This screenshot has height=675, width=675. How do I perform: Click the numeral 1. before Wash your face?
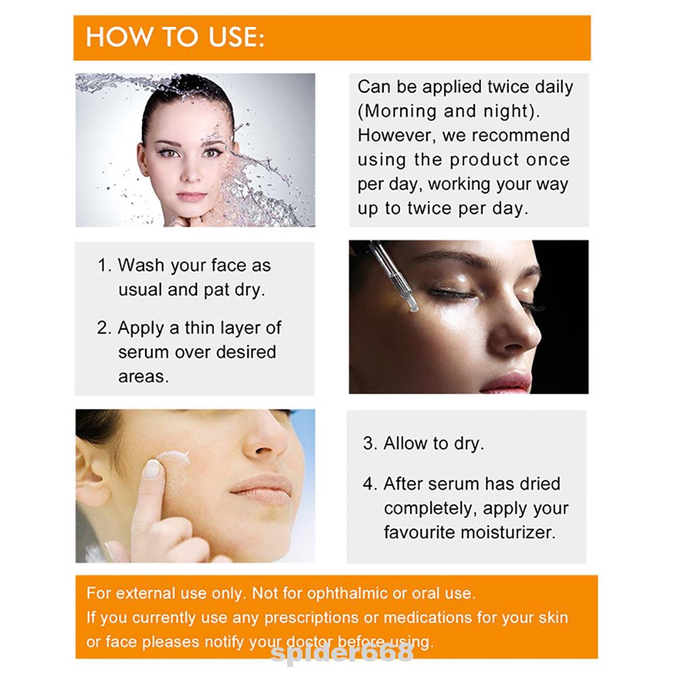tap(105, 265)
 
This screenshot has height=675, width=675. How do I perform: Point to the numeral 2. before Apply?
tap(105, 328)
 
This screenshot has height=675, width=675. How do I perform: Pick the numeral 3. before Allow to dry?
tap(370, 443)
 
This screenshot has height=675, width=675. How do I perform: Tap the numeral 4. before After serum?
tap(370, 484)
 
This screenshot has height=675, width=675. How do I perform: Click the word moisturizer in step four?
tap(508, 533)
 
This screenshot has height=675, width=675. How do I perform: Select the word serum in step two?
tap(143, 353)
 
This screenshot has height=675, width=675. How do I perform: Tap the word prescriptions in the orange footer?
tap(312, 618)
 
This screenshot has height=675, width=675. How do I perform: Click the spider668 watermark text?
tap(343, 653)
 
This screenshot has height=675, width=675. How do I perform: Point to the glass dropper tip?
tap(413, 307)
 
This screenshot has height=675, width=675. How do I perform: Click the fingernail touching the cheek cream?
tap(152, 469)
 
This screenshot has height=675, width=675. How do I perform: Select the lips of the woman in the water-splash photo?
tap(191, 197)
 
